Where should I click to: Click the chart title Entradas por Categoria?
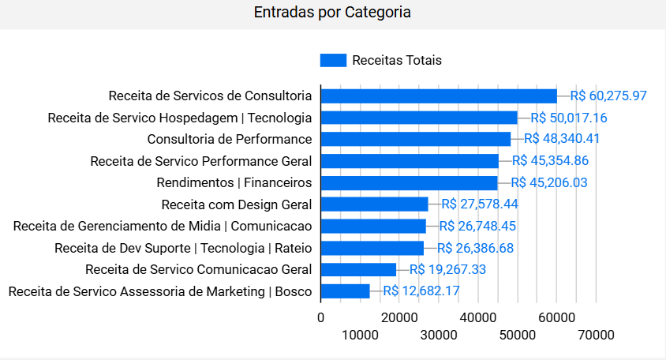click(332, 13)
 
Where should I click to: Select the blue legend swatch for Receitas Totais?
click(333, 60)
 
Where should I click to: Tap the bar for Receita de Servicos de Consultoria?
click(439, 96)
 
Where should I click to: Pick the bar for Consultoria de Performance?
click(416, 139)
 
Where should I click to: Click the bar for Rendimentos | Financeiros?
click(409, 183)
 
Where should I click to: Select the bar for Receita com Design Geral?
click(374, 204)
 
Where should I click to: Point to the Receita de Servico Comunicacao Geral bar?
click(358, 269)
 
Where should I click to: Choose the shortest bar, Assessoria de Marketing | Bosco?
click(345, 291)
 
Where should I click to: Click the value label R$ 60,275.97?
click(608, 96)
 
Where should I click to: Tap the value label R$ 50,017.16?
click(568, 118)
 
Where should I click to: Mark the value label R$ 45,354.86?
click(550, 161)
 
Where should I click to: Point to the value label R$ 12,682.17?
click(421, 291)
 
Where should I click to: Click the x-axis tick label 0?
click(320, 317)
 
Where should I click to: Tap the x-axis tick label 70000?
click(596, 335)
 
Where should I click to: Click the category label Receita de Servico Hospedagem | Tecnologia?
click(179, 118)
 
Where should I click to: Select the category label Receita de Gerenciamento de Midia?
click(162, 226)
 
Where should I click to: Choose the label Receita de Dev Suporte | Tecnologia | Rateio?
click(183, 248)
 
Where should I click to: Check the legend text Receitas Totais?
click(397, 60)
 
